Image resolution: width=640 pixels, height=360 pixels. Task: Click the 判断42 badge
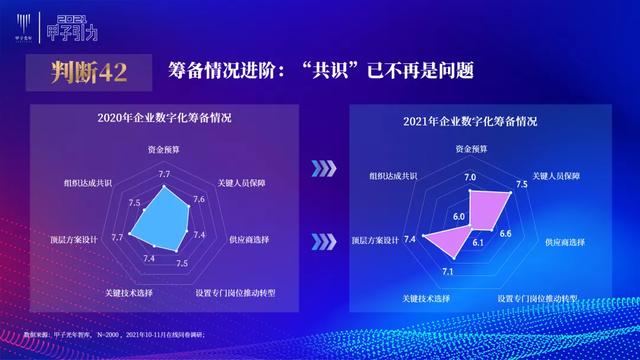click(x=81, y=71)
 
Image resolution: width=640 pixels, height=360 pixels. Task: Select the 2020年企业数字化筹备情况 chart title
click(x=164, y=118)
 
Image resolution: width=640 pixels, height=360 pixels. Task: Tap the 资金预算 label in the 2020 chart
click(x=164, y=151)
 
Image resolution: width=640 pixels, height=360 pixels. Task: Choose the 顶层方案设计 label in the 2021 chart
click(x=376, y=240)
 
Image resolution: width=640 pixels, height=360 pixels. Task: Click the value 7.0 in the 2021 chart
click(x=470, y=178)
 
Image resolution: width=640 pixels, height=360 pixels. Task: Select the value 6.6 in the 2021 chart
click(x=505, y=233)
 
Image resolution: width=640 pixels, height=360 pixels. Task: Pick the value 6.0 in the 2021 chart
click(x=459, y=216)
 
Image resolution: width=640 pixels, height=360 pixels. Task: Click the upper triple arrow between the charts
click(x=321, y=167)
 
